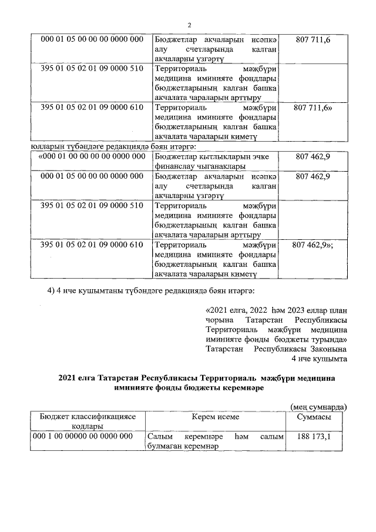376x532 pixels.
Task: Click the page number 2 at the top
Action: coord(190,25)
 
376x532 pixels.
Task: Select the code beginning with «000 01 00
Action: coord(91,156)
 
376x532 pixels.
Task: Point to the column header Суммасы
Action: coord(314,417)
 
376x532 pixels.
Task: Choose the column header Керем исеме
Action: coord(214,417)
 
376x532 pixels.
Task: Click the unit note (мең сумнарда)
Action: coord(319,406)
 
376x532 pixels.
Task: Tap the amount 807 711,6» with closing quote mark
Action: coord(316,108)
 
